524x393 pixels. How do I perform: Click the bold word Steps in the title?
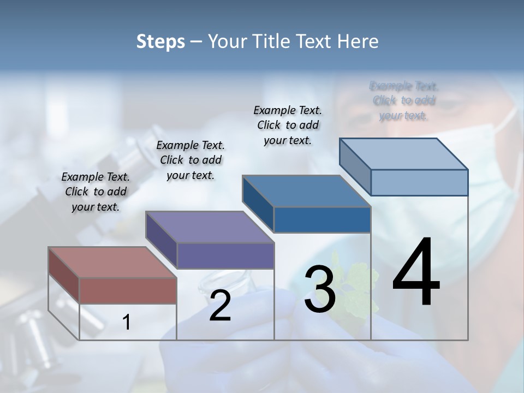pyautogui.click(x=160, y=41)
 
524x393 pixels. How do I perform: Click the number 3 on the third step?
pyautogui.click(x=320, y=289)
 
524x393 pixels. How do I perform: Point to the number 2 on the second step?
pyautogui.click(x=220, y=306)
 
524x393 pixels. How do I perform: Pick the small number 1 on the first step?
pyautogui.click(x=127, y=322)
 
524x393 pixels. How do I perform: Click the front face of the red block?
pyautogui.click(x=128, y=290)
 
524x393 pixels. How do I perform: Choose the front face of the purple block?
pyautogui.click(x=225, y=255)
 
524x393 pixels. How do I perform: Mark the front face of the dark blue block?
pyautogui.click(x=322, y=219)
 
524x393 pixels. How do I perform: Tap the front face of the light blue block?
pyautogui.click(x=419, y=182)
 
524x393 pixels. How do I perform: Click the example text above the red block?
pyautogui.click(x=96, y=192)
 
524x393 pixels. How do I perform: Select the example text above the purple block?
pyautogui.click(x=190, y=160)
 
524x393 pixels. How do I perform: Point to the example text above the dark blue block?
pyautogui.click(x=288, y=125)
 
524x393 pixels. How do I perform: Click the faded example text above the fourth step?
pyautogui.click(x=404, y=100)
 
